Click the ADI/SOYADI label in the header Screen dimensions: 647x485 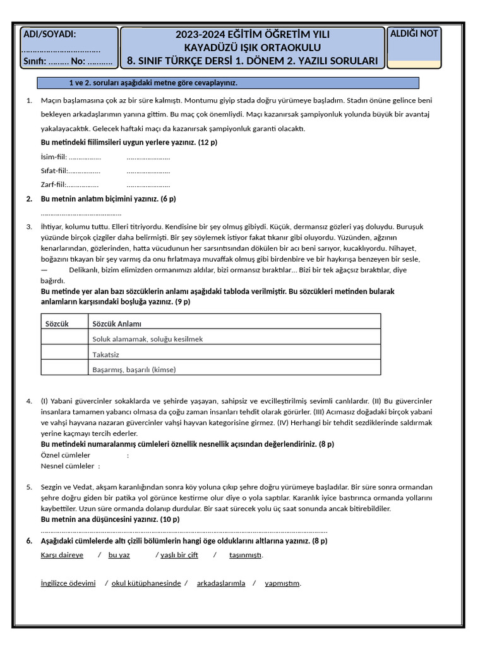(x=49, y=34)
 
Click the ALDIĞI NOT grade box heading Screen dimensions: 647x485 (x=414, y=33)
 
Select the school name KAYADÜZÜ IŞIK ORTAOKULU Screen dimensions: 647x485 (x=252, y=47)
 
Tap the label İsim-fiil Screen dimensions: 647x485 (x=53, y=157)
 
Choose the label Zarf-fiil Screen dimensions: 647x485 (x=53, y=184)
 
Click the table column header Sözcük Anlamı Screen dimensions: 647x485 (x=117, y=323)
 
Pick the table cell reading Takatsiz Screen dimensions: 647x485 (x=106, y=354)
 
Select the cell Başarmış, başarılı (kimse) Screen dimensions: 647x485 (x=134, y=370)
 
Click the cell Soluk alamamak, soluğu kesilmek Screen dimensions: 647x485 (x=148, y=339)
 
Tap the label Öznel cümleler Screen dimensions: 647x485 (x=66, y=455)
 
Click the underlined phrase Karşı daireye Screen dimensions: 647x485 (x=62, y=555)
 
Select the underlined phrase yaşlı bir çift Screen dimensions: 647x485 (x=179, y=555)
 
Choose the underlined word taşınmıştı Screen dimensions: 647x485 (x=245, y=555)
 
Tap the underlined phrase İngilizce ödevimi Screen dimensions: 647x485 (x=68, y=583)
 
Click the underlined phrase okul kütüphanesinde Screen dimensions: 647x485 (x=146, y=583)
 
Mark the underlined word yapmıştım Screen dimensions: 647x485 (x=282, y=583)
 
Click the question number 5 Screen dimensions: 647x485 (x=29, y=487)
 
